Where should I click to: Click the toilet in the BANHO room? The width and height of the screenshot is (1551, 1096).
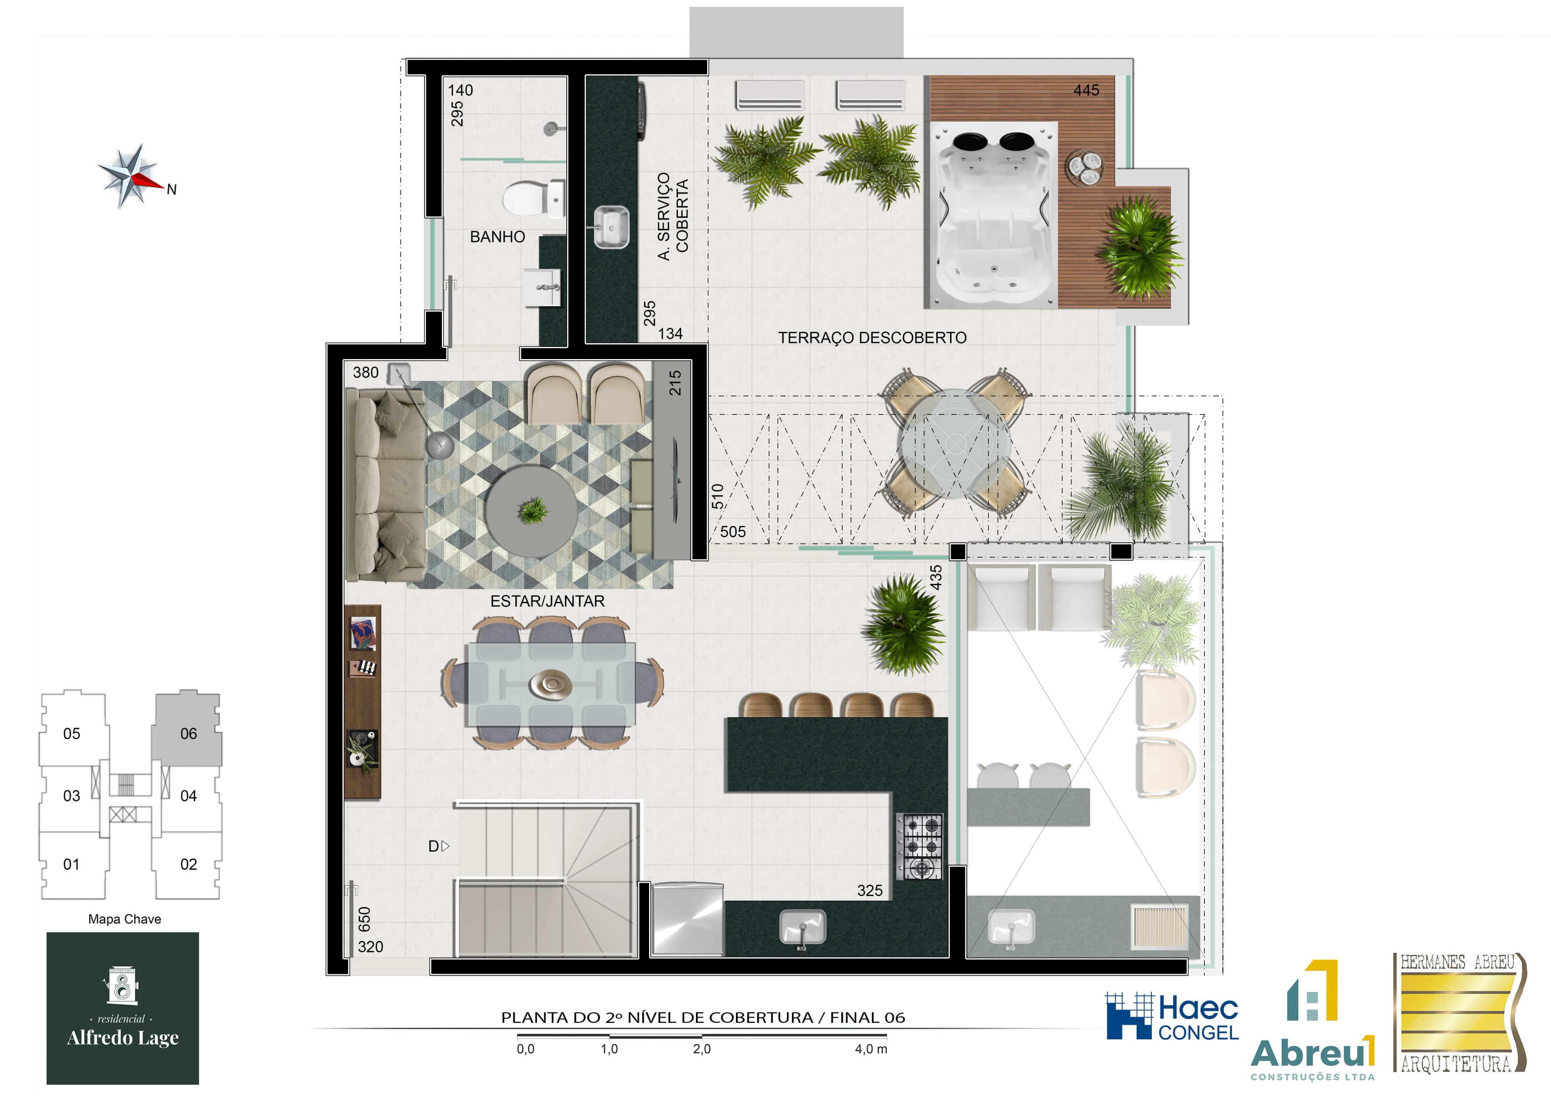533,199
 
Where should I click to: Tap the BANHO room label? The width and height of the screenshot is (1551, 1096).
497,236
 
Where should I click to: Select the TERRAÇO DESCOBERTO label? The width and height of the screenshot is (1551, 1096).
872,338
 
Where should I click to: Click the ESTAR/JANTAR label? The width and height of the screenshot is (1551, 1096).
547,601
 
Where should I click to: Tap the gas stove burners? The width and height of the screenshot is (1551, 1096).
919,846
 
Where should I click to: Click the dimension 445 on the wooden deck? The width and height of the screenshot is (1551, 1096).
1086,90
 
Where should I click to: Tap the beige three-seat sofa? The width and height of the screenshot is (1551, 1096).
385,485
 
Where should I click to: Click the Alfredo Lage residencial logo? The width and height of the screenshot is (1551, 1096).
123,1008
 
